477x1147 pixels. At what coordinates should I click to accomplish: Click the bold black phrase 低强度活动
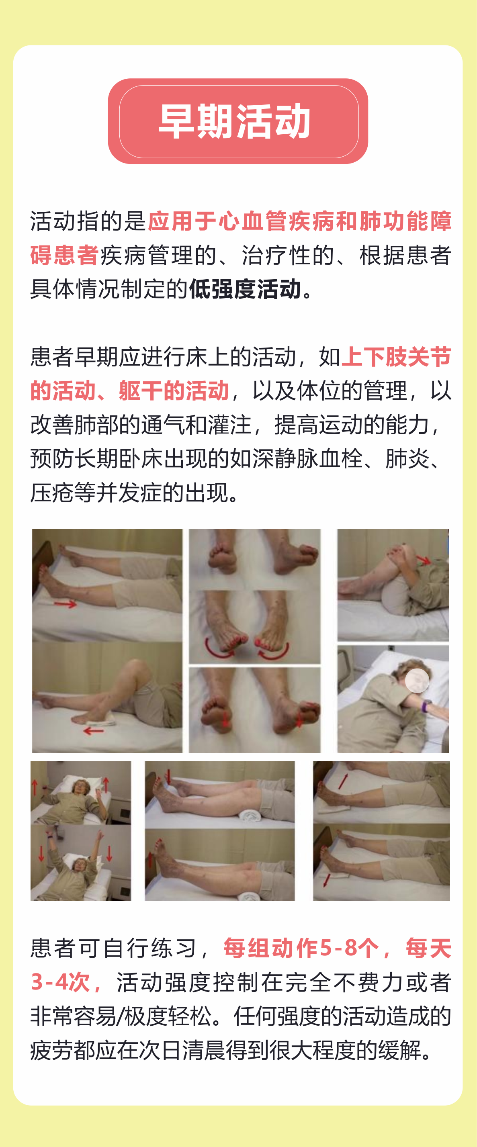click(x=246, y=289)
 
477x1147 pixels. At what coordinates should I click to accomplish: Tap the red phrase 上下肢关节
click(x=396, y=357)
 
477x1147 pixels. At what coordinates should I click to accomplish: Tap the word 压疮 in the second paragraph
click(x=52, y=493)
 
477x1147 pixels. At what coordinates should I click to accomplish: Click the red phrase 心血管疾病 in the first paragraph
click(x=276, y=222)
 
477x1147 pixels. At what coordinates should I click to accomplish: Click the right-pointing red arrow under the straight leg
click(x=66, y=604)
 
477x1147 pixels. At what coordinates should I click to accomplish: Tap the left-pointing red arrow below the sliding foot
click(x=94, y=731)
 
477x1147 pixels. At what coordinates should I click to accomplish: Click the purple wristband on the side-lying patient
click(x=427, y=705)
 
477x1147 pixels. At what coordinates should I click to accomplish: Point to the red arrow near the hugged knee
click(x=424, y=560)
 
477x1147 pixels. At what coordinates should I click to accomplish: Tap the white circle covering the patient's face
click(x=417, y=680)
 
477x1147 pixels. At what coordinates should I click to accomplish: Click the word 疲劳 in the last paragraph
click(x=52, y=1050)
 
